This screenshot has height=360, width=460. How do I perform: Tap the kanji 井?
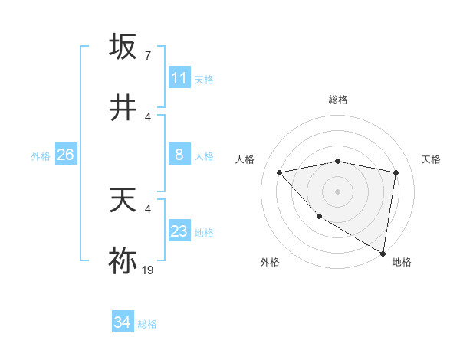pos(123,109)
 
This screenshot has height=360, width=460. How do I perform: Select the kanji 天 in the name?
pos(123,200)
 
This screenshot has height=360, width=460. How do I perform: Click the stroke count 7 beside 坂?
pos(147,55)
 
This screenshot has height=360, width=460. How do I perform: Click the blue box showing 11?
pos(179,78)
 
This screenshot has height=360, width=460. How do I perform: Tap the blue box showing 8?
pos(179,155)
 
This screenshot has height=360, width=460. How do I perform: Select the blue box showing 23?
pos(179,231)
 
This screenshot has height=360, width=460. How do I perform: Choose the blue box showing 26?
pos(65,155)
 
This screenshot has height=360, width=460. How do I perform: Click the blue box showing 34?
pos(122,323)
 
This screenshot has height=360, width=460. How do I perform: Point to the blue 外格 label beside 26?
pos(41,156)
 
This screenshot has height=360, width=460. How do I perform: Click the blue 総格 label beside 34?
pos(147,324)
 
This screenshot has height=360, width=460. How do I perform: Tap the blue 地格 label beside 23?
pos(204,232)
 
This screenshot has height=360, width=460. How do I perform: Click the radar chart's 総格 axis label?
pos(338,100)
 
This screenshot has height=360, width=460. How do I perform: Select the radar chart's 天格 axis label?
pos(432,159)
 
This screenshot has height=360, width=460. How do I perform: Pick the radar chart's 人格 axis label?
pos(245,159)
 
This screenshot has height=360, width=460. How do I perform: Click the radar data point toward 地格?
pos(383,254)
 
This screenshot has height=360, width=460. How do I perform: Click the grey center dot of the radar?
pos(338,191)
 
